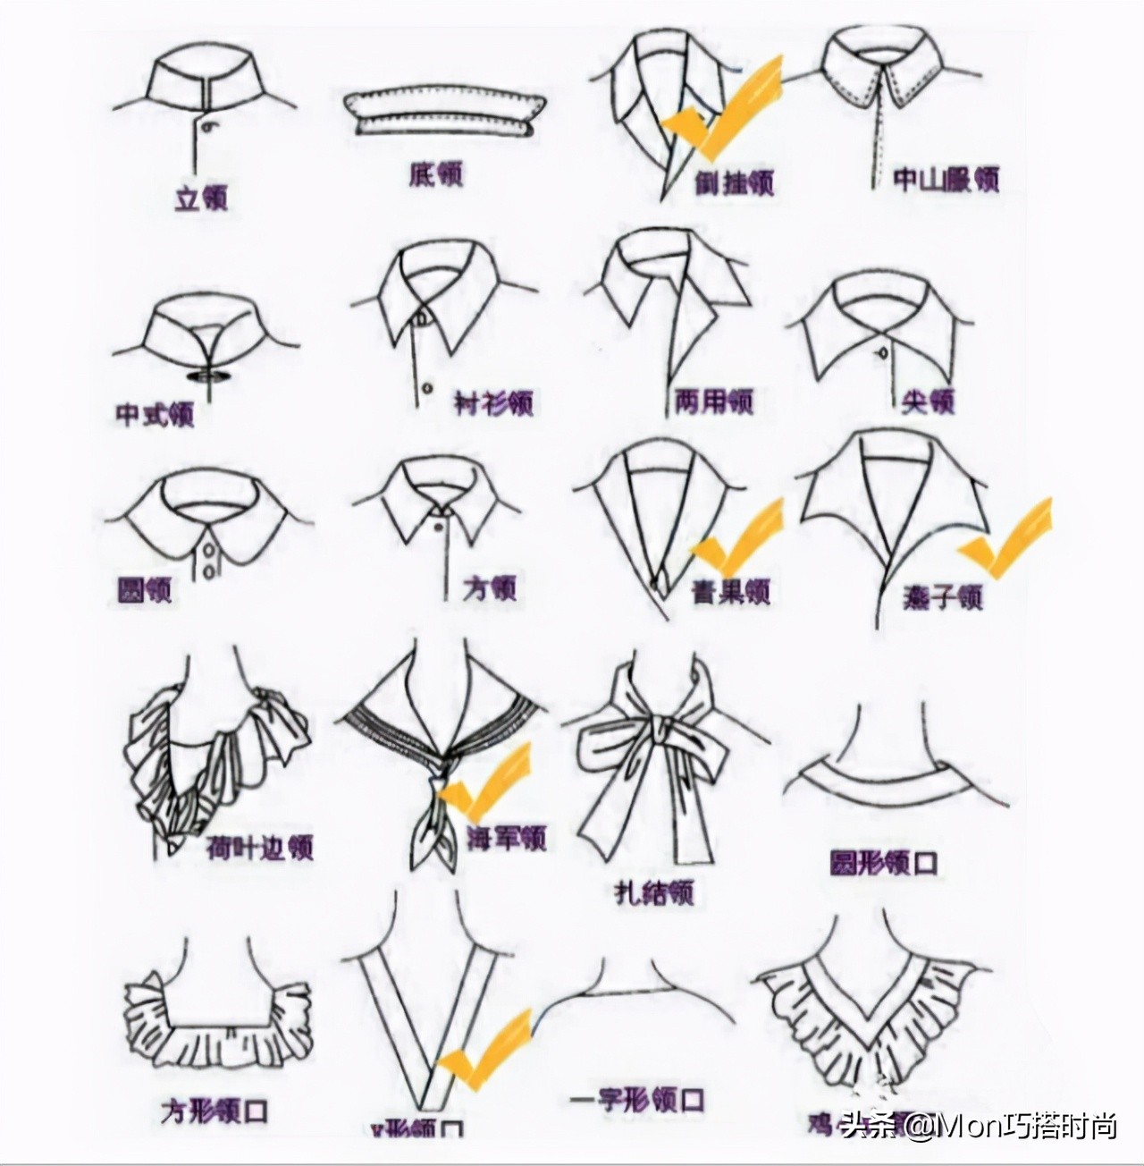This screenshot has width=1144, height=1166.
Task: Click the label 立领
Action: pos(201,197)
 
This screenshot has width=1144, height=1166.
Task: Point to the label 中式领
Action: pos(155,414)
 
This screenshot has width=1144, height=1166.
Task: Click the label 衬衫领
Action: pos(493,402)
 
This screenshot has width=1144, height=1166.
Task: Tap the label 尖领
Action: pos(929,401)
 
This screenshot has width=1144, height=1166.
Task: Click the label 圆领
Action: pos(145,590)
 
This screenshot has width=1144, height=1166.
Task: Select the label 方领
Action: pos(490,588)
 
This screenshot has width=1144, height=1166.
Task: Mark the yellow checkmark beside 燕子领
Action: pos(1005,537)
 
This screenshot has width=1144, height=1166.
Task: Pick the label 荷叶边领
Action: pos(260,846)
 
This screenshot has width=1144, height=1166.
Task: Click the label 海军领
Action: pos(507,838)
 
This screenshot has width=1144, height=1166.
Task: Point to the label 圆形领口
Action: pos(884,863)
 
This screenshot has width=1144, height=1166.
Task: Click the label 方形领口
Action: pos(214,1111)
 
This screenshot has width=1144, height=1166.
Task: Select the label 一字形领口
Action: pos(637,1099)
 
